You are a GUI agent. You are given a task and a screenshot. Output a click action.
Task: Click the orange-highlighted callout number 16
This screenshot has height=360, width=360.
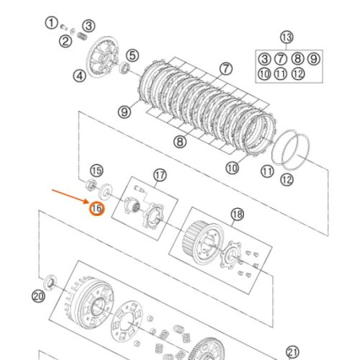(96, 208)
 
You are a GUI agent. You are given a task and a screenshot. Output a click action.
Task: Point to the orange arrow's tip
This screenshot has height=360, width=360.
(89, 202)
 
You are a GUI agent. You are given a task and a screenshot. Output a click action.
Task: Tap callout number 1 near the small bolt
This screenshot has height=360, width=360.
(51, 23)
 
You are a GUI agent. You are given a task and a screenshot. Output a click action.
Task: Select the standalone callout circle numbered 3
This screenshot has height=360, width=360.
(89, 26)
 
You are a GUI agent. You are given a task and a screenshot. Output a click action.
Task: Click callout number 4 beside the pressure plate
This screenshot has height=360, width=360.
(79, 76)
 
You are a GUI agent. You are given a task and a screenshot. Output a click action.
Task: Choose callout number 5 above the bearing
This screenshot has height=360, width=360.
(132, 55)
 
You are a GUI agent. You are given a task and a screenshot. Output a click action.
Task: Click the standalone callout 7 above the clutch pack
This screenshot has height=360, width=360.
(226, 69)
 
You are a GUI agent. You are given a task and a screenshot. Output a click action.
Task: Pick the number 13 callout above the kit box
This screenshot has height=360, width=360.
(287, 37)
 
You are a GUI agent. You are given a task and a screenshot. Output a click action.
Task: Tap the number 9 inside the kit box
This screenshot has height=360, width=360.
(314, 59)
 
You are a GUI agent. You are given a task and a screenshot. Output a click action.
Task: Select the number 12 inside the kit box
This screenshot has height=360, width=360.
(298, 74)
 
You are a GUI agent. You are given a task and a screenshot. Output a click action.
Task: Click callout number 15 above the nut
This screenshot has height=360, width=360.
(96, 171)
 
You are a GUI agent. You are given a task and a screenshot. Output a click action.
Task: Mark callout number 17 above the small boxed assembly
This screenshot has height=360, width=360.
(160, 176)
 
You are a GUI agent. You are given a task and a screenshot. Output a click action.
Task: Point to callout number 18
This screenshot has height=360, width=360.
(238, 215)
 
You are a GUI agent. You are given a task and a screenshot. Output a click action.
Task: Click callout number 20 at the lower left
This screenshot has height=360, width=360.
(38, 297)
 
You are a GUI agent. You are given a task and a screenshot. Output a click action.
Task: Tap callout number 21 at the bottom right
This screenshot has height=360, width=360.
(292, 352)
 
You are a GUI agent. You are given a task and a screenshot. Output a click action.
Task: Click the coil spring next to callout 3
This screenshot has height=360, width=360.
(82, 37)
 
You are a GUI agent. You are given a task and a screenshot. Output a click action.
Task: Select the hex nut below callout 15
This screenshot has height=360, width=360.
(91, 185)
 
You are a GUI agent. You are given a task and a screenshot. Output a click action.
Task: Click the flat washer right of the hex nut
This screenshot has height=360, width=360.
(106, 192)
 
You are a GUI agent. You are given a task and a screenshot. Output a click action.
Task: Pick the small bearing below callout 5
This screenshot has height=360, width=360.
(125, 68)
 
